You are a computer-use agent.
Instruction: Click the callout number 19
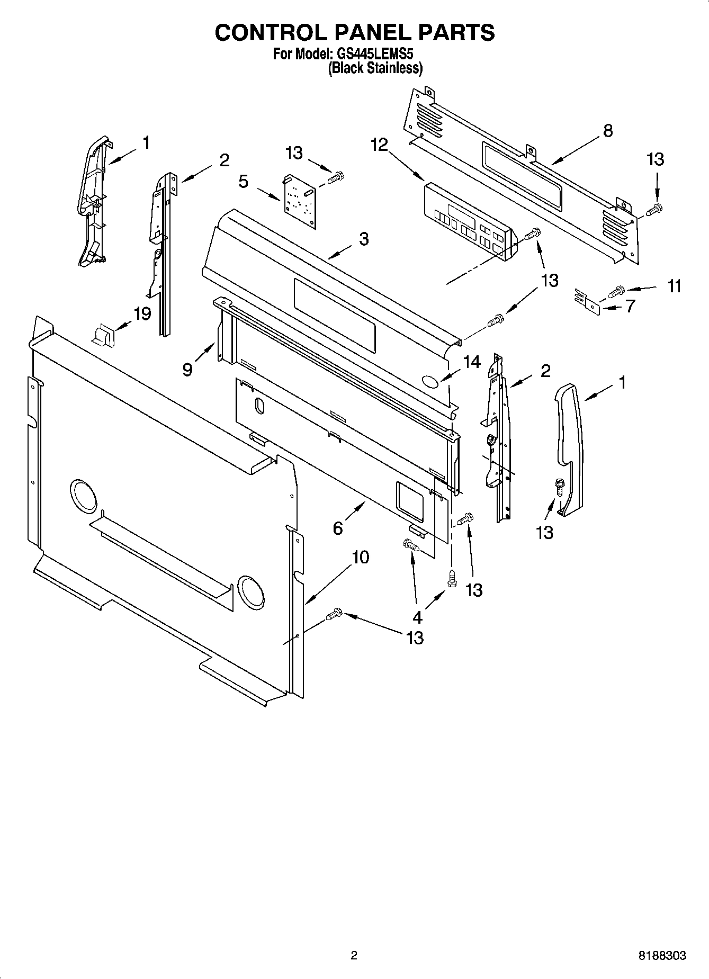(x=142, y=313)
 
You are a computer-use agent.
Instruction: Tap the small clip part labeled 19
(x=104, y=335)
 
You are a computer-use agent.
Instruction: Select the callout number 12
(x=379, y=145)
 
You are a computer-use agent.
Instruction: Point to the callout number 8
(x=607, y=130)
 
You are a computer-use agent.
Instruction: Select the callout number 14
(x=471, y=362)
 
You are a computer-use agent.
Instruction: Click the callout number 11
(x=674, y=286)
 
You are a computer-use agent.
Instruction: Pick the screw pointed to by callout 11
(x=617, y=291)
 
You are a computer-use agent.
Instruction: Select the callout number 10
(x=360, y=557)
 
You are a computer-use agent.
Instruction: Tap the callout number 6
(x=338, y=527)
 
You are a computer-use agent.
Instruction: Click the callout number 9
(x=187, y=369)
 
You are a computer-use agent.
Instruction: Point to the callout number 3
(x=363, y=239)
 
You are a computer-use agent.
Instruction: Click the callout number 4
(x=417, y=617)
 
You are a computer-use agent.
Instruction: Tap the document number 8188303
(x=662, y=956)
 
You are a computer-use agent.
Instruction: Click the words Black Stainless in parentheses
(x=375, y=68)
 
